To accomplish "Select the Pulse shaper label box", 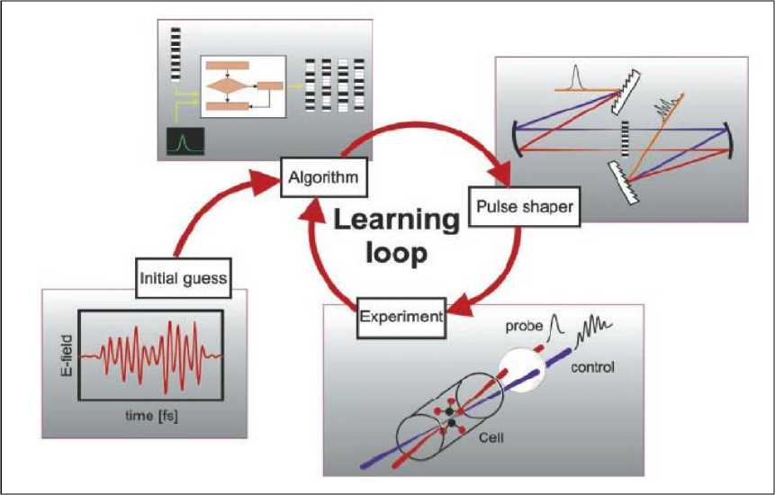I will (523, 206).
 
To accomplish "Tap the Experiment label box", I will (402, 316).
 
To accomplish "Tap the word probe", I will (525, 322).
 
